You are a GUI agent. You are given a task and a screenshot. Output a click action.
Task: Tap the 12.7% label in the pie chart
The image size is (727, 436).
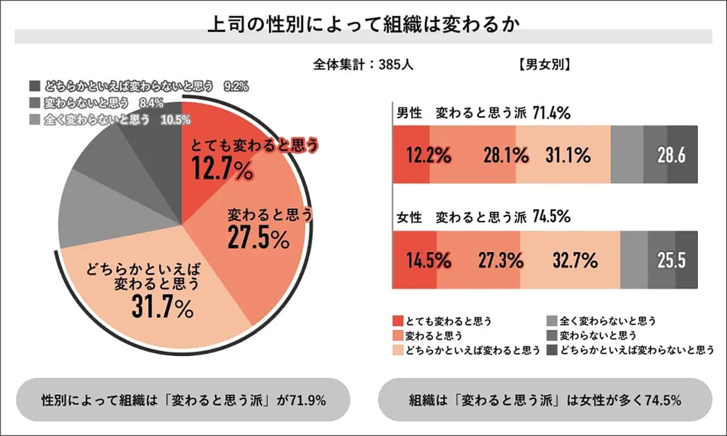pos(222,170)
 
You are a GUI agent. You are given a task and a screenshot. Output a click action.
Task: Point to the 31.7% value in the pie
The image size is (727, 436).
pos(162,309)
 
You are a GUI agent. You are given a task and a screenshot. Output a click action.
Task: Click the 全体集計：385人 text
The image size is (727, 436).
pos(363,64)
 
